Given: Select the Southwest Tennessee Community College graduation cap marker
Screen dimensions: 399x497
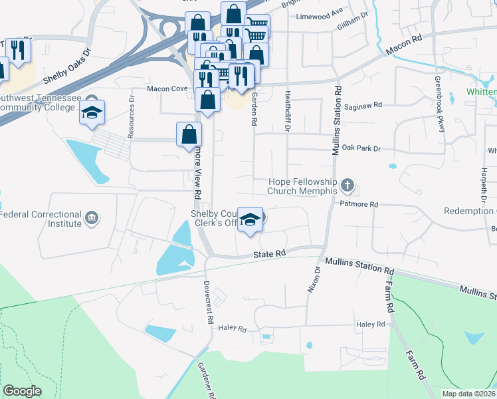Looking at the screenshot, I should point(92,112).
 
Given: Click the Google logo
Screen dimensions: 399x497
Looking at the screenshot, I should point(23,390).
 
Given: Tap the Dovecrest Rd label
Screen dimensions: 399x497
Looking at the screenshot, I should point(209,303).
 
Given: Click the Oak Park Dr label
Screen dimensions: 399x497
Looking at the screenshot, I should point(361,148).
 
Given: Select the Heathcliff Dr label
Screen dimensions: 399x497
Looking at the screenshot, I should point(288,111).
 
